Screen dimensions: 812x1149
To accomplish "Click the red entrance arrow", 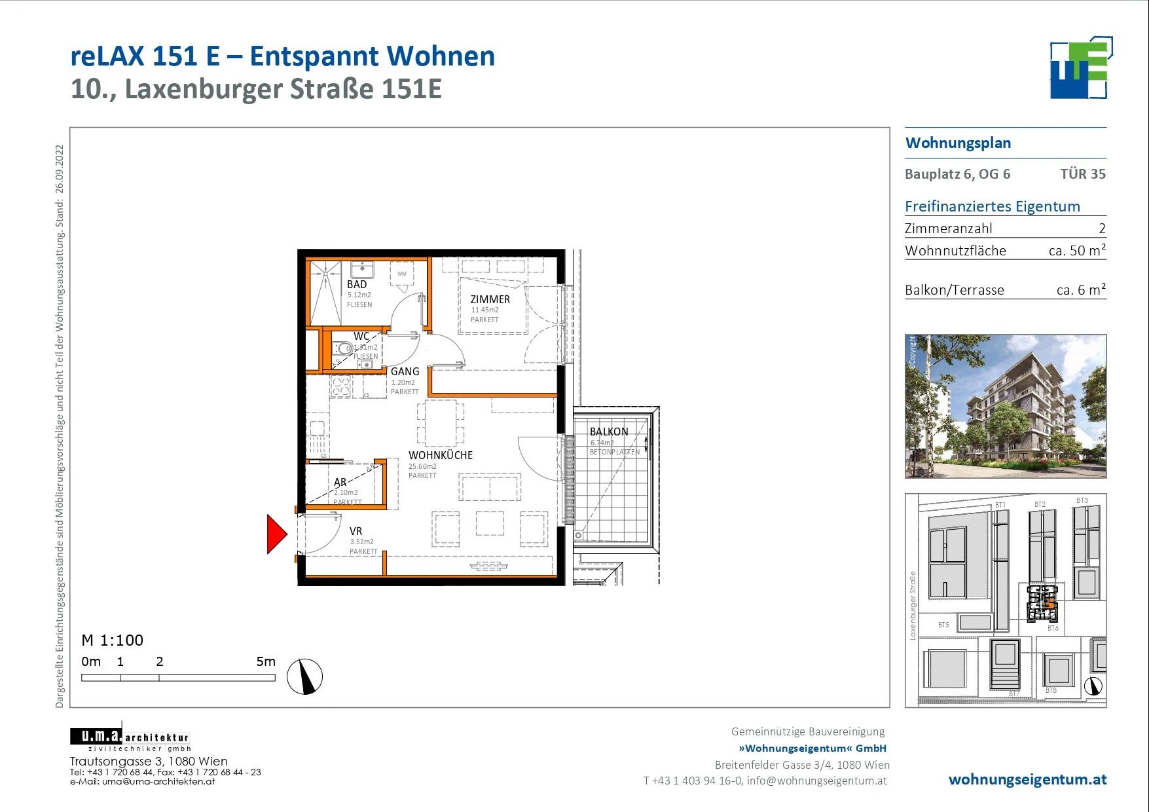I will click(x=276, y=534).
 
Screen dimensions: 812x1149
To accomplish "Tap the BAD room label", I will click(x=357, y=284).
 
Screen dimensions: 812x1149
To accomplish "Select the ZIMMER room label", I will click(x=490, y=299).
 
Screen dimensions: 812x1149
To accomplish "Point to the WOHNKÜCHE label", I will click(x=440, y=455).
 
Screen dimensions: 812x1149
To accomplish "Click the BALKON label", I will click(x=608, y=432).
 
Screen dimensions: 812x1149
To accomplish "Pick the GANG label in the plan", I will click(x=405, y=371).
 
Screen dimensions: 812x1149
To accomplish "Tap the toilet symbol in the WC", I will click(x=342, y=348).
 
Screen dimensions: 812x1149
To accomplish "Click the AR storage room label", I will click(x=340, y=482).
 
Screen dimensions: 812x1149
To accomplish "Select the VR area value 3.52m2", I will click(x=361, y=542).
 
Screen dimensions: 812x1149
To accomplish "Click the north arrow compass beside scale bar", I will click(x=305, y=676).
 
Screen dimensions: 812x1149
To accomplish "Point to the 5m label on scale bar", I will click(x=266, y=661).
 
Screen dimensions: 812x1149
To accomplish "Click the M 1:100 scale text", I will click(x=112, y=640).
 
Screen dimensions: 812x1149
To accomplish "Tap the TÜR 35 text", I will click(x=1082, y=174).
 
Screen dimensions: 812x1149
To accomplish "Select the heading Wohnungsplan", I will click(x=958, y=143).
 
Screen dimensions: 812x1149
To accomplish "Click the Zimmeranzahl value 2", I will click(x=1102, y=229).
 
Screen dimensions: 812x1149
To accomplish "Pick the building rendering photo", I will click(x=1005, y=406).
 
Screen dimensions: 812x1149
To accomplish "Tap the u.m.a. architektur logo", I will click(x=130, y=739).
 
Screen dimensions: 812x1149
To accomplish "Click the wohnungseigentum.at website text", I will click(x=1027, y=779).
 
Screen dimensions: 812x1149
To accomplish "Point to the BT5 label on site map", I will click(x=943, y=625).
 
